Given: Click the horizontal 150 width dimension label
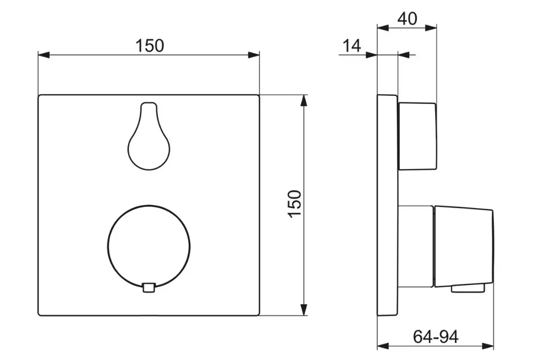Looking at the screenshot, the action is (x=150, y=46).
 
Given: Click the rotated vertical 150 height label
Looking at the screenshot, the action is (x=294, y=203).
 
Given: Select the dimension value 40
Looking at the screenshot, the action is (x=407, y=18).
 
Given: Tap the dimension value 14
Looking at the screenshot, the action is (x=352, y=46).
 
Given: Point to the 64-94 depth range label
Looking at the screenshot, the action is (x=436, y=337).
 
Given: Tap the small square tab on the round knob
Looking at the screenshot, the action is (x=149, y=287).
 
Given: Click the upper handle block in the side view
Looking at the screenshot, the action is (x=417, y=137).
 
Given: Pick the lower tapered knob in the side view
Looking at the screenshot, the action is (x=464, y=247).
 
